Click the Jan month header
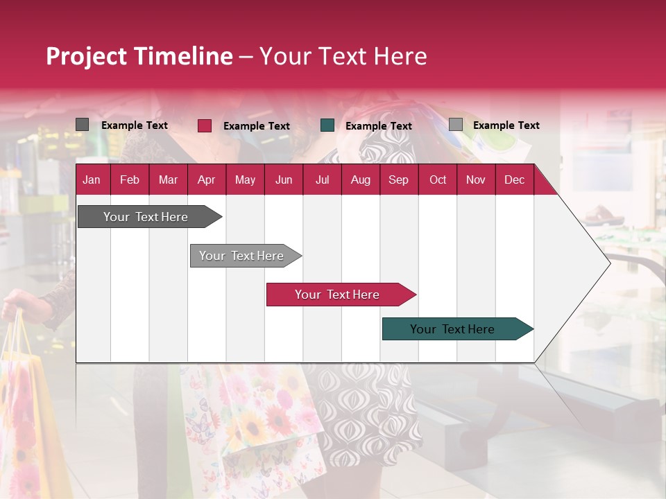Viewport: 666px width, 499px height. click(x=92, y=180)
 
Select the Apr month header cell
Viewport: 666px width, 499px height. click(x=206, y=180)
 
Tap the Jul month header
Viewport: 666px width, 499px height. click(x=322, y=180)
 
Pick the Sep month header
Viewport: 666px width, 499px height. click(x=398, y=180)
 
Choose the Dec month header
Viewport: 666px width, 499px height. click(x=514, y=180)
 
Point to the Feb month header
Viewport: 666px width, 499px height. click(x=130, y=180)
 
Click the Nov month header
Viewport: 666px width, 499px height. click(x=475, y=180)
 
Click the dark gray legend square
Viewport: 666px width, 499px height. click(x=82, y=125)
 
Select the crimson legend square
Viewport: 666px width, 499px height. click(x=204, y=125)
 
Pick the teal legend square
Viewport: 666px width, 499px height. click(x=327, y=125)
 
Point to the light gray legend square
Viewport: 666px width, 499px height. click(x=455, y=125)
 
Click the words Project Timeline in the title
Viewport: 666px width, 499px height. click(x=139, y=56)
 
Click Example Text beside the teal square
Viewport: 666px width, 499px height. click(x=378, y=126)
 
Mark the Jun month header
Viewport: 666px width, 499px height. click(x=283, y=180)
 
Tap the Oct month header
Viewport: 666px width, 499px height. click(x=437, y=180)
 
